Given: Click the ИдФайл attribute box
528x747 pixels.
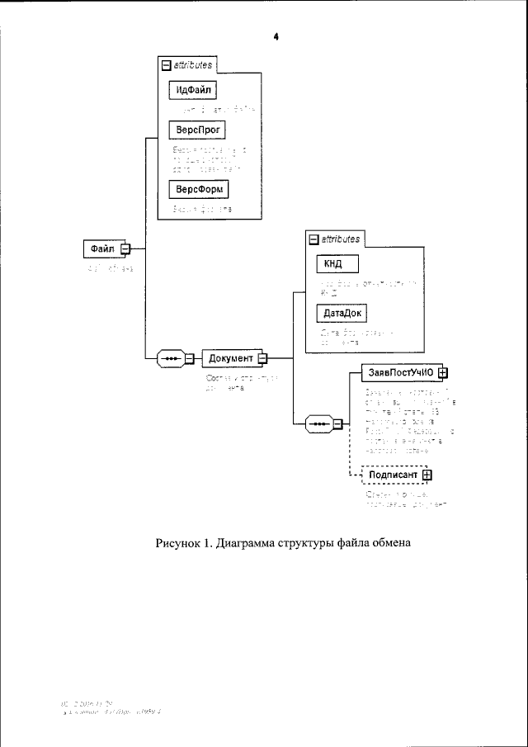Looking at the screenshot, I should [191, 89].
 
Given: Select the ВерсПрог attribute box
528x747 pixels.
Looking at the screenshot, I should [196, 130].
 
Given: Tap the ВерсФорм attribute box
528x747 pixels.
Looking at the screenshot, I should [197, 190].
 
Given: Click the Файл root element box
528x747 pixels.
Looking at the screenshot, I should [103, 248].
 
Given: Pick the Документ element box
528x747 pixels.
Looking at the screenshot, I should [231, 357].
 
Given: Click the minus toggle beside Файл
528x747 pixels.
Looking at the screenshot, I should [125, 248].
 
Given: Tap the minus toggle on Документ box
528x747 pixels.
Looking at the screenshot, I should [262, 357].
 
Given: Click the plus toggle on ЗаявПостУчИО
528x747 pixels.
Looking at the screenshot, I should [442, 371].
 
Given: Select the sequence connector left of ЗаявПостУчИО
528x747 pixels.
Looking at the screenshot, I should [318, 424].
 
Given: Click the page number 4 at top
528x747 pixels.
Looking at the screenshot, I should [276, 37].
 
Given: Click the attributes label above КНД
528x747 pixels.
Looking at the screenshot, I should [340, 239].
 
